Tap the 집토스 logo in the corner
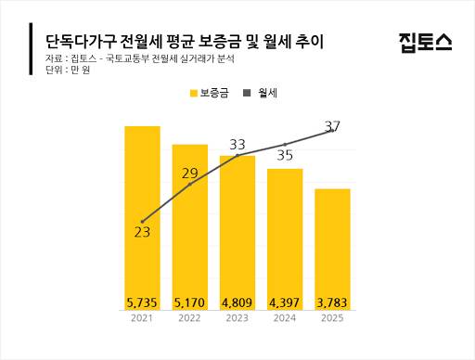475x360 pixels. click(x=425, y=41)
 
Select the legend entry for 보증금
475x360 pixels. click(x=212, y=93)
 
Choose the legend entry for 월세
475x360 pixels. click(x=266, y=93)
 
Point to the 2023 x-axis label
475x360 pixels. click(x=237, y=319)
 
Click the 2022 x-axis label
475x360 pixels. click(x=190, y=319)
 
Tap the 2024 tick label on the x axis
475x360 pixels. click(x=285, y=319)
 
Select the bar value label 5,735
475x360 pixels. click(x=143, y=302)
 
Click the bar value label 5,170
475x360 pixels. click(x=190, y=302)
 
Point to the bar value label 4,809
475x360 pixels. click(x=237, y=302)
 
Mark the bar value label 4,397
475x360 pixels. click(x=285, y=302)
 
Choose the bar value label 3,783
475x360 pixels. click(x=333, y=302)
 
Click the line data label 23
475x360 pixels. click(x=142, y=232)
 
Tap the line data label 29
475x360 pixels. click(x=190, y=174)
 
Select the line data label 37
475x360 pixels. click(x=333, y=125)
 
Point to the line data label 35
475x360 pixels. click(x=285, y=155)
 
